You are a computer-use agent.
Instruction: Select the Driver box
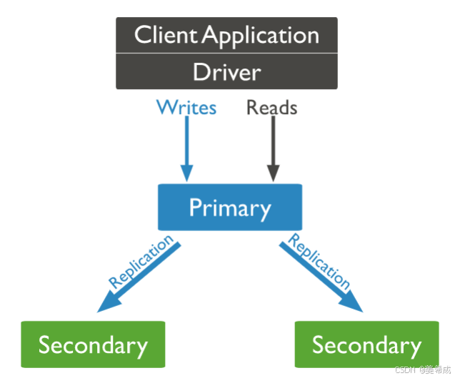(x=226, y=72)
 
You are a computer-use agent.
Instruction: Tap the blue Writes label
(x=186, y=108)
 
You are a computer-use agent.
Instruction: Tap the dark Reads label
(x=271, y=108)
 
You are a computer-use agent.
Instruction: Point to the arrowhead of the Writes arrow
(x=186, y=173)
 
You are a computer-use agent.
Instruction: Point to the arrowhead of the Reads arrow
(x=273, y=173)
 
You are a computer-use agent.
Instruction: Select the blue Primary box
(x=229, y=208)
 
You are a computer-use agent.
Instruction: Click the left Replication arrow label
(x=141, y=262)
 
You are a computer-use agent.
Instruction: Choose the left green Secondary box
(x=93, y=345)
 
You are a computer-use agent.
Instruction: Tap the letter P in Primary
(x=196, y=208)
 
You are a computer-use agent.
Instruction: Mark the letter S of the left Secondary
(x=45, y=345)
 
